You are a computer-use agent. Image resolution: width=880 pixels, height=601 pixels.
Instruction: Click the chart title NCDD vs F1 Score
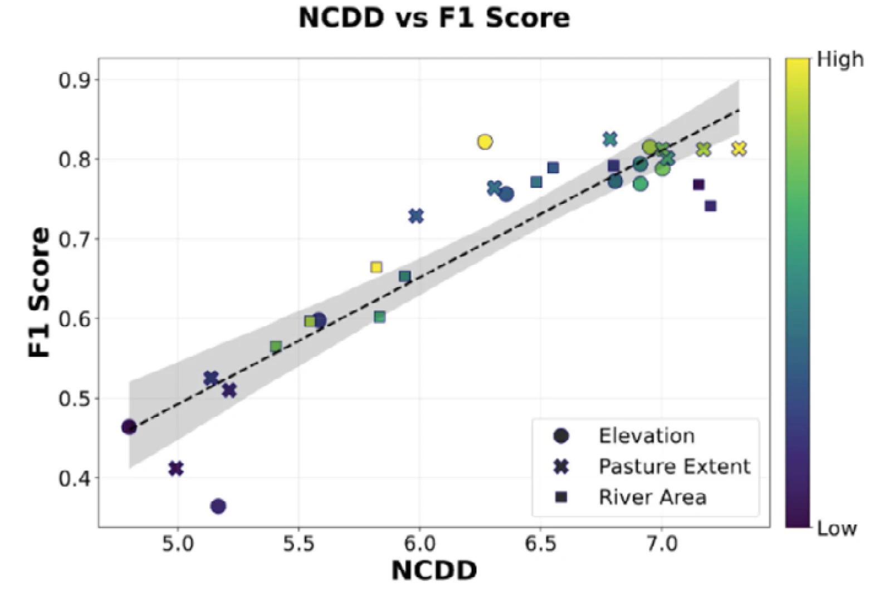[434, 18]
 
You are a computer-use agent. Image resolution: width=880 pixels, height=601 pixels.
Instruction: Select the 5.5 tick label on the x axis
[299, 543]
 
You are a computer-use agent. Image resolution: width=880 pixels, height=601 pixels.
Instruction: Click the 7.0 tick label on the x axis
[661, 543]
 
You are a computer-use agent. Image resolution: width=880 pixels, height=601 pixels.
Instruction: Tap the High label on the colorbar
[839, 60]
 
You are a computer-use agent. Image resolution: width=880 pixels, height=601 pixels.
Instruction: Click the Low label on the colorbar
[837, 528]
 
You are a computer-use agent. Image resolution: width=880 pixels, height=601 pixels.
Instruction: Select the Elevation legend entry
[646, 436]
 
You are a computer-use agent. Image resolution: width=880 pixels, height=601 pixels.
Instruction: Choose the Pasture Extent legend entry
[674, 466]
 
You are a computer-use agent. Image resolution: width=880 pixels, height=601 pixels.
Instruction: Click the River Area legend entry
[652, 497]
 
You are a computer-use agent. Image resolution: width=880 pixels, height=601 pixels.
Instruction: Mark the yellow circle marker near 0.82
[485, 142]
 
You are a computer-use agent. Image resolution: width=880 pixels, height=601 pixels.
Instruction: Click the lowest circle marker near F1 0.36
[218, 506]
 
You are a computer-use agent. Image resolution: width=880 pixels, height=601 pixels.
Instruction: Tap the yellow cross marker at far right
[739, 149]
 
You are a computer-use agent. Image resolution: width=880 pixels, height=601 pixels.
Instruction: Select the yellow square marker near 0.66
[377, 268]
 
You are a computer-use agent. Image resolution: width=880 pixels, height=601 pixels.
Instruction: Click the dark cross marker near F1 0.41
[176, 469]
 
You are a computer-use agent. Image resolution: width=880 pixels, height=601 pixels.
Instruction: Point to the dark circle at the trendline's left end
[129, 427]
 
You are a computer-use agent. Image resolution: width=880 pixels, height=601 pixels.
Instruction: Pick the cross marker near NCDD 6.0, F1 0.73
[416, 216]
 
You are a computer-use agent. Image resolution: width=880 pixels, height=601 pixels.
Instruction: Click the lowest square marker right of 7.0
[710, 206]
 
